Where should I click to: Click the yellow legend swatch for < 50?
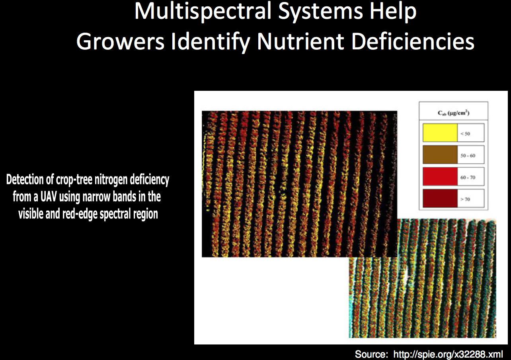[440, 133]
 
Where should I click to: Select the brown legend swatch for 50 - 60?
[440, 155]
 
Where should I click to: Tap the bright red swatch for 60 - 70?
[440, 176]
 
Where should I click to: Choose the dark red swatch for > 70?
[440, 198]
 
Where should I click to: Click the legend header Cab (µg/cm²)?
[454, 113]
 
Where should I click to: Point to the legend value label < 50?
[465, 133]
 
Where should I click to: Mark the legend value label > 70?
[465, 199]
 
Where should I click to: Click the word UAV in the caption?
[49, 197]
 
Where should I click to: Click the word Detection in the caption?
[25, 180]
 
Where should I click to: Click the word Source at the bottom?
[371, 354]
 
